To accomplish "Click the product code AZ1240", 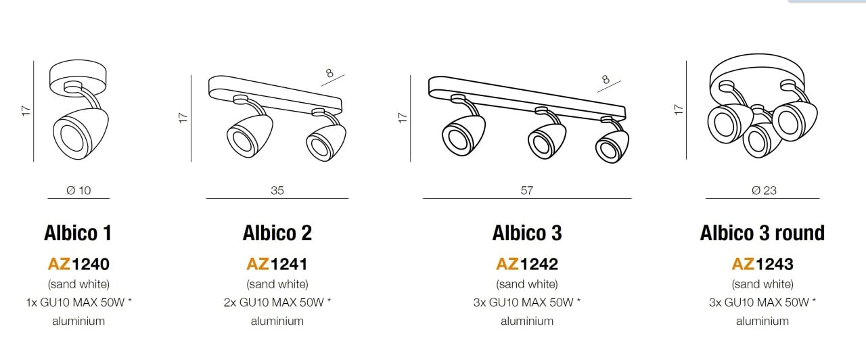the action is [78, 264].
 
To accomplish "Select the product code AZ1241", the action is [277, 264].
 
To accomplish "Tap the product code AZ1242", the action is [527, 264].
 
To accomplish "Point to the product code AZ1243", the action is [762, 264].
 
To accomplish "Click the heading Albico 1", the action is [78, 233].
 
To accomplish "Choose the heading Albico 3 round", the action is [762, 233].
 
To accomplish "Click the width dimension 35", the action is [277, 190].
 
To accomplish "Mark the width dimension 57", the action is [527, 190].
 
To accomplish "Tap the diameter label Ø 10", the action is [78, 190].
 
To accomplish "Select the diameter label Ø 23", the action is [764, 190].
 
